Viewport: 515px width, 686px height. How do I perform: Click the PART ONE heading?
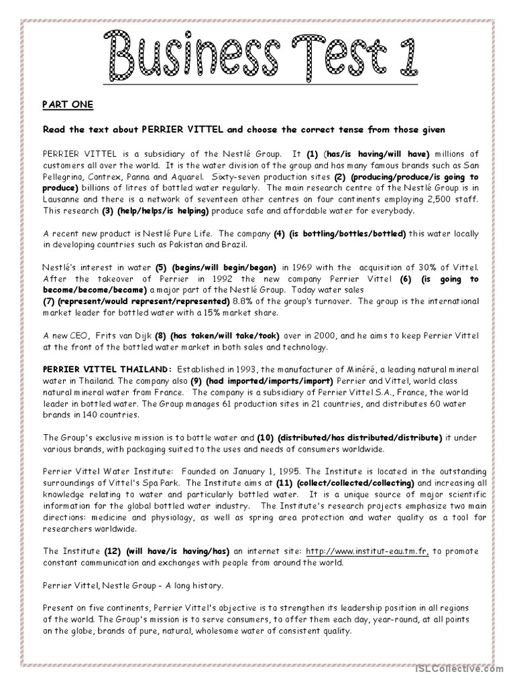click(x=68, y=105)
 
